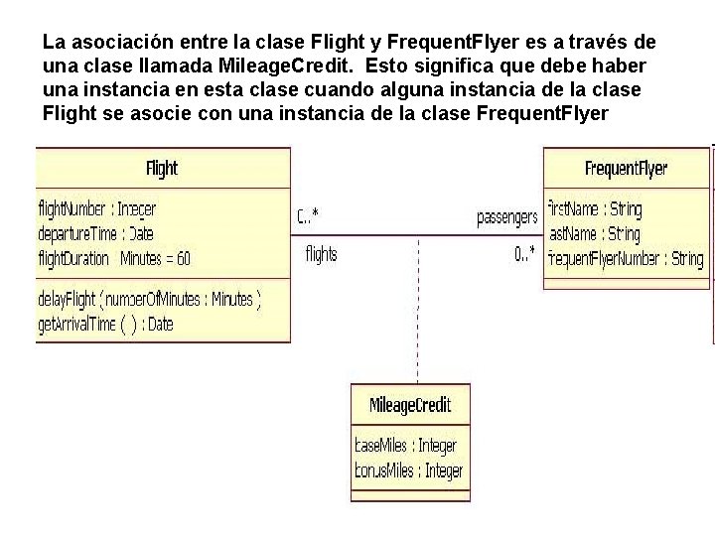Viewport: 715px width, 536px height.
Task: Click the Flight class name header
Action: [162, 168]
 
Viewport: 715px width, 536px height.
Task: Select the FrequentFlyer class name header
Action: [626, 168]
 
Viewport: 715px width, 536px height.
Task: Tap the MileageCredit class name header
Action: [410, 404]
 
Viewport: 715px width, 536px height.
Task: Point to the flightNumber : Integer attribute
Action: [96, 209]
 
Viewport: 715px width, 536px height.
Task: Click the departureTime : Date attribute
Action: [95, 234]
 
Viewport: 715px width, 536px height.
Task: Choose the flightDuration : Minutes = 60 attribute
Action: [114, 259]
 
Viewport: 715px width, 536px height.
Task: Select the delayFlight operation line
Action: [149, 298]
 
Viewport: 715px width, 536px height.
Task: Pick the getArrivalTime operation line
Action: [105, 324]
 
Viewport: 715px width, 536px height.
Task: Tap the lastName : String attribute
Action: [595, 234]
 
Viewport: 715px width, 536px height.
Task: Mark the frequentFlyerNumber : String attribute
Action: [627, 259]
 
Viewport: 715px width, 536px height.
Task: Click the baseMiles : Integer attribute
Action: [406, 446]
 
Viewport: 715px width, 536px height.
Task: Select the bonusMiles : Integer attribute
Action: [408, 470]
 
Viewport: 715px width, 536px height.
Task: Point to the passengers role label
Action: [507, 216]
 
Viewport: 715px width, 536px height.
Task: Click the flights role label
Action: [321, 254]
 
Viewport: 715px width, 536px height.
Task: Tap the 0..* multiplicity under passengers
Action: [525, 254]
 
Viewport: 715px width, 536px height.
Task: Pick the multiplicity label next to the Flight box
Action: [308, 216]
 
